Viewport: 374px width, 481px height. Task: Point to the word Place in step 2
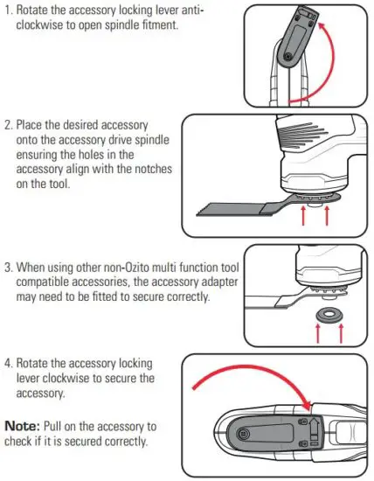point(36,126)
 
